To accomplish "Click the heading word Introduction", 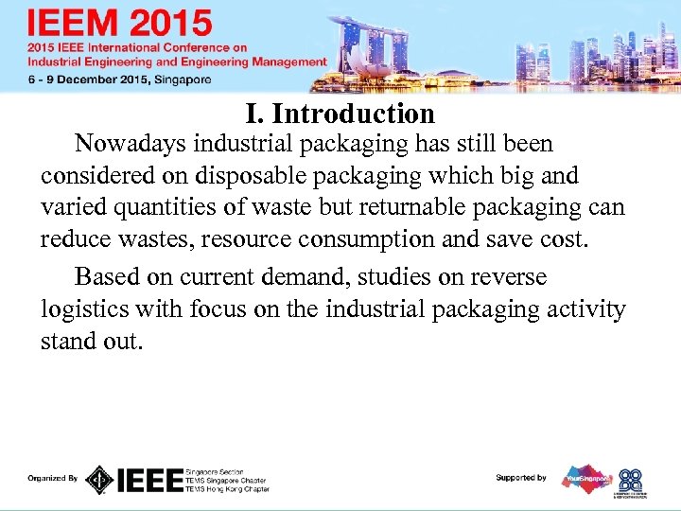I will (x=353, y=115).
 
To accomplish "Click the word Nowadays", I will (x=131, y=144).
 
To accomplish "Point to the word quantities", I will (x=167, y=208).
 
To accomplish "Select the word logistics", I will (x=82, y=309).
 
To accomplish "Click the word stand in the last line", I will (x=65, y=341).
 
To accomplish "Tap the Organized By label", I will (x=53, y=479).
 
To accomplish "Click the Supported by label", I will (x=521, y=478).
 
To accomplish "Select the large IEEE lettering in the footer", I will (x=149, y=480).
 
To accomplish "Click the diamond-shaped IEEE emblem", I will (x=99, y=480).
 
